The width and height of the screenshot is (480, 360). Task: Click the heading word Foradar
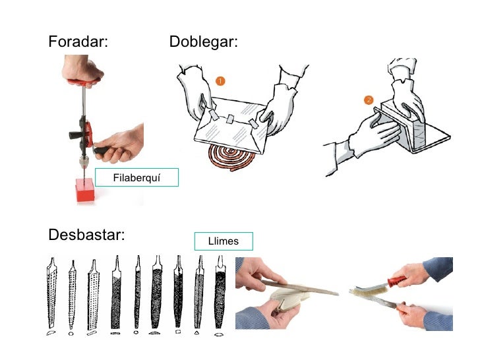[78, 42]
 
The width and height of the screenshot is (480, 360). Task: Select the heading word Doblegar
[203, 42]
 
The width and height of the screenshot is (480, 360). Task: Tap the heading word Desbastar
[86, 235]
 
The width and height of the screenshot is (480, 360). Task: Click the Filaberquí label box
[136, 178]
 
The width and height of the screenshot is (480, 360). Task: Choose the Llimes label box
[223, 241]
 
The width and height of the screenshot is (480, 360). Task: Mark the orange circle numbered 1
[220, 80]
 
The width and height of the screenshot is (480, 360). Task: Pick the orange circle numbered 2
[369, 100]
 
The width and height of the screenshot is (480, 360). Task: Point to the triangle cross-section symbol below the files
[198, 334]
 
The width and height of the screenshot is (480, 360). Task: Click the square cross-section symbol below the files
[177, 334]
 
